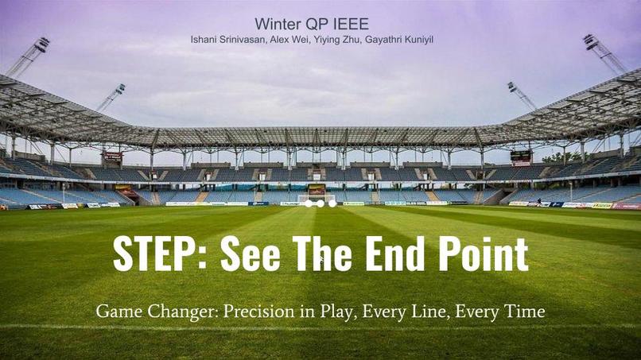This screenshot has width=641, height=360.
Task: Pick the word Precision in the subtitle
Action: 257,312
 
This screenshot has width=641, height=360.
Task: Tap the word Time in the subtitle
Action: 525,312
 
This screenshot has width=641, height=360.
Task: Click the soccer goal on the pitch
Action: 317,196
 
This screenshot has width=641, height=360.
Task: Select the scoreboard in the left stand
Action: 112,157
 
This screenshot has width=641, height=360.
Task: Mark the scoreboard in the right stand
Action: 521,157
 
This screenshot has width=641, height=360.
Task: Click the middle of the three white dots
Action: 320,203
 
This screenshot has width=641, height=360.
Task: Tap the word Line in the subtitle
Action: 429,312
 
